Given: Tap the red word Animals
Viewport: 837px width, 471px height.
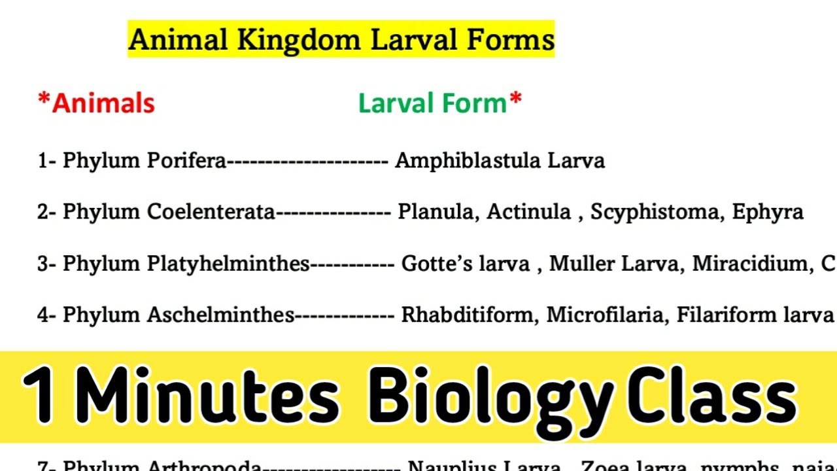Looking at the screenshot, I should (103, 103).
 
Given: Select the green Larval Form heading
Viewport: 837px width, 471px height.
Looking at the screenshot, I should (433, 103).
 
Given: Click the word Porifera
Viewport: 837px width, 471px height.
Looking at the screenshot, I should (186, 161).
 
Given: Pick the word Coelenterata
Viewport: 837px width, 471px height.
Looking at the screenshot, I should (211, 212).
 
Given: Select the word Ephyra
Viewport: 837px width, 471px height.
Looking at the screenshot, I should (768, 212).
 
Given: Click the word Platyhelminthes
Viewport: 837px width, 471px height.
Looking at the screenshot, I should (228, 264).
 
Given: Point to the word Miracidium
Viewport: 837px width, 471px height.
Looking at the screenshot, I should (744, 264).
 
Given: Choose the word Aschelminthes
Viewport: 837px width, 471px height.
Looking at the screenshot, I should (220, 315).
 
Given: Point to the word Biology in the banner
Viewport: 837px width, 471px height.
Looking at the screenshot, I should (490, 396).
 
